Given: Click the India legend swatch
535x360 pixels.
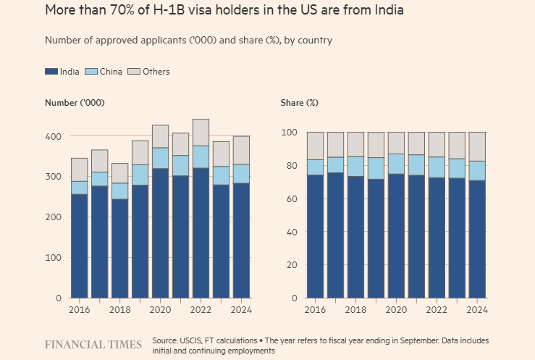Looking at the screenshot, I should (51, 72).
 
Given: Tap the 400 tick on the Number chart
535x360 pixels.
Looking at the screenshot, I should (53, 136).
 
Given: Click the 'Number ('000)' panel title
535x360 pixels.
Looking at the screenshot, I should (75, 103).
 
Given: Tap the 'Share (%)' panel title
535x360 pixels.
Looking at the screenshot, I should (299, 103).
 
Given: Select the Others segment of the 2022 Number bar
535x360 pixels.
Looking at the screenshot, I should (201, 133).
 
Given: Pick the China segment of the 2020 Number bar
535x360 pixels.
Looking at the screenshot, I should (160, 158).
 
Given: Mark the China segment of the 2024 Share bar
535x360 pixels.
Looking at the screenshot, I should (477, 171).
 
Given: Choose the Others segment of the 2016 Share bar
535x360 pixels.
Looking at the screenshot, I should (315, 146).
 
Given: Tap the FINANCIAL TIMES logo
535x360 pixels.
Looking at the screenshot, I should (93, 345).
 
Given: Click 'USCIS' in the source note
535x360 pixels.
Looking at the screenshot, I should (197, 340).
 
